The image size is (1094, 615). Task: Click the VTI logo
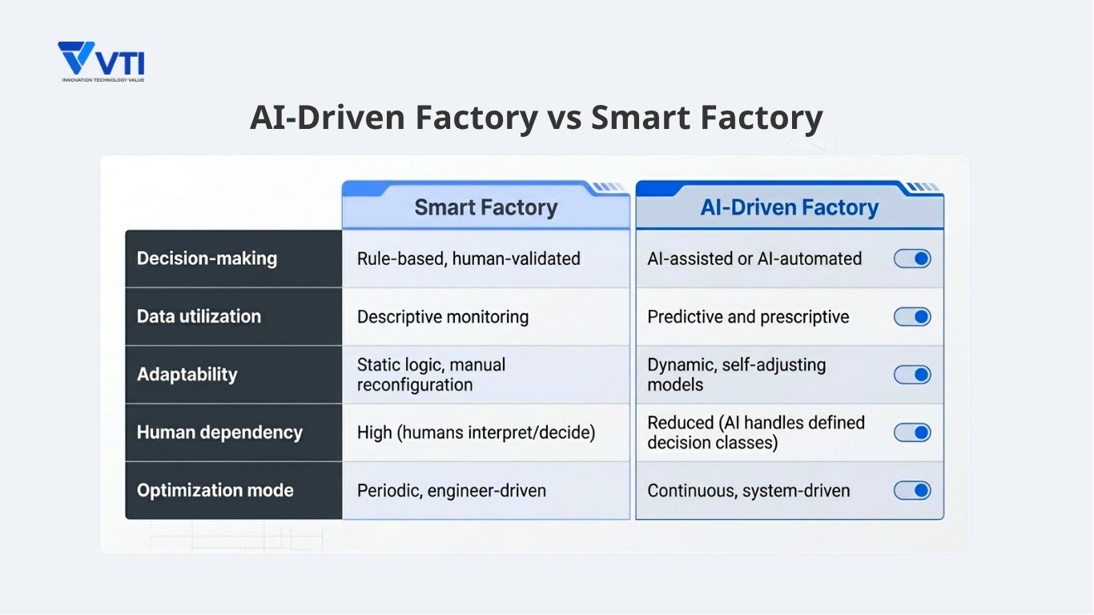click(101, 61)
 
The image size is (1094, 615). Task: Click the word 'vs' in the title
click(565, 118)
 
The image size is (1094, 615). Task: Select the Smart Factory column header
click(485, 207)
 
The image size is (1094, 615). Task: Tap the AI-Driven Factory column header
click(789, 207)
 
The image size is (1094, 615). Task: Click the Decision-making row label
click(207, 259)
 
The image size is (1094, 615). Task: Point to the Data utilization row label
click(199, 316)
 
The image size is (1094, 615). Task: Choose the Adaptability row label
click(187, 375)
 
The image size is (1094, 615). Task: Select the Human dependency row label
click(219, 432)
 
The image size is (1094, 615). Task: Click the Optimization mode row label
click(215, 490)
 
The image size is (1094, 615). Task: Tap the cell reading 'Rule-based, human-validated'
click(469, 259)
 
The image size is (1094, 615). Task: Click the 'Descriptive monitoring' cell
click(443, 316)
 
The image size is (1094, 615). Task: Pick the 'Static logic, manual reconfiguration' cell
click(431, 375)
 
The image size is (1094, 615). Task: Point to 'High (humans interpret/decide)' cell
click(476, 432)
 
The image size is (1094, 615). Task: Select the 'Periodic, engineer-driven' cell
click(452, 490)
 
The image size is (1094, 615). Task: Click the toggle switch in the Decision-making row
click(912, 259)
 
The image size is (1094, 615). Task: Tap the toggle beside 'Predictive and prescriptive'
click(912, 316)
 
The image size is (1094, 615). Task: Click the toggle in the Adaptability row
click(912, 375)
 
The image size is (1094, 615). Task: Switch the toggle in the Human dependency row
click(912, 432)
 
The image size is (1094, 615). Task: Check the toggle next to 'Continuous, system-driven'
click(912, 490)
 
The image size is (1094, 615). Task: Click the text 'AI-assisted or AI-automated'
click(754, 259)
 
